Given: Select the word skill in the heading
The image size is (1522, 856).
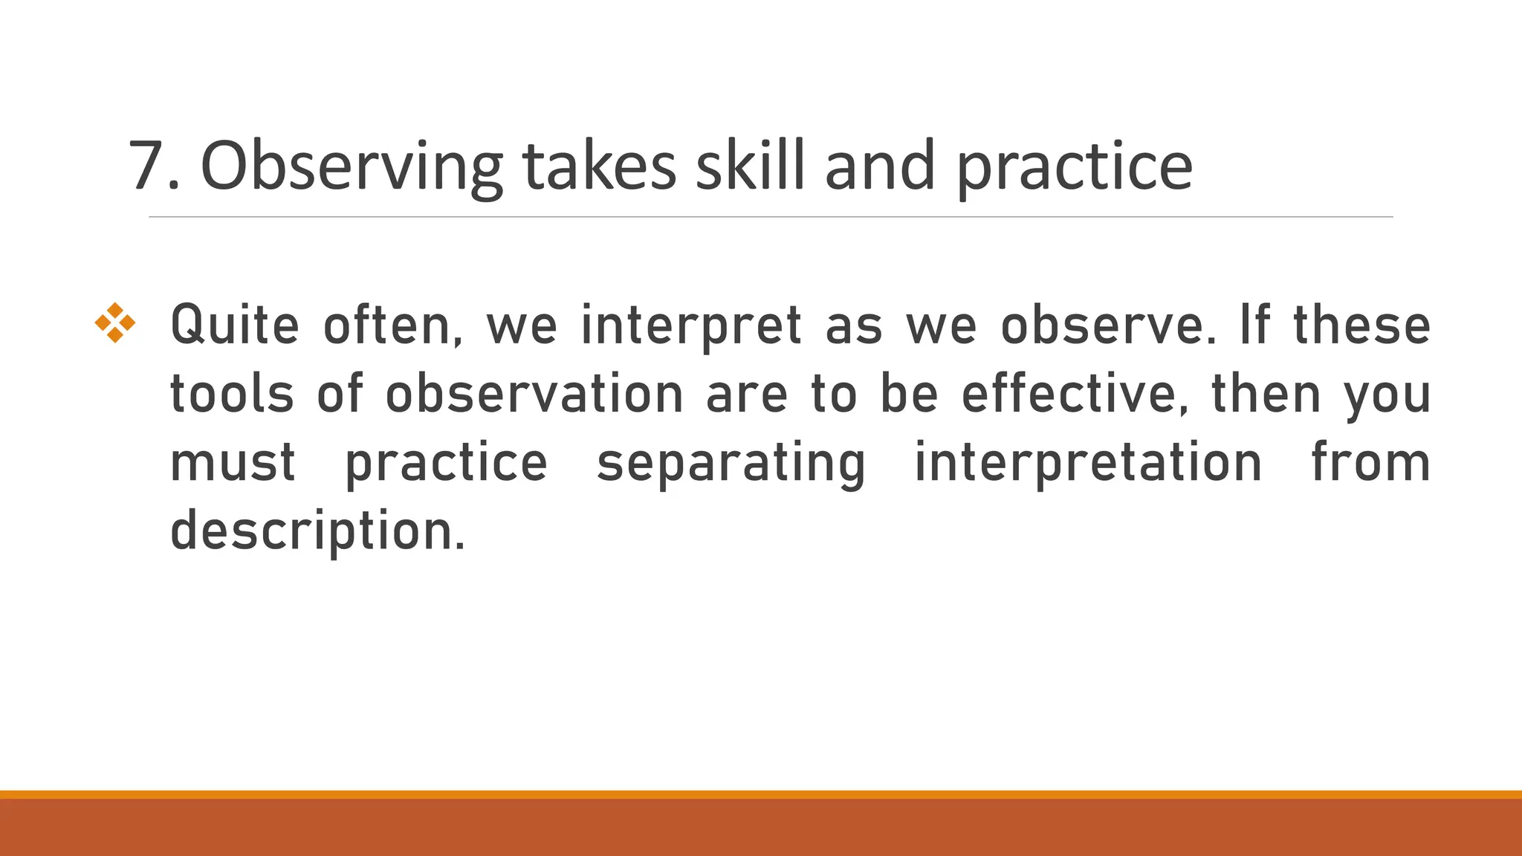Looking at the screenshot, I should coord(750,166).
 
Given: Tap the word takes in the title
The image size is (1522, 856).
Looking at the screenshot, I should coord(599,166).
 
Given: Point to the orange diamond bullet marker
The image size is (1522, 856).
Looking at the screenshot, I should coord(115,323).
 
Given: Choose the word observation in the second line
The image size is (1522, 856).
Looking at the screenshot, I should coord(534,394).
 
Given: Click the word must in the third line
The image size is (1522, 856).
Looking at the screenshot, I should coord(233,463).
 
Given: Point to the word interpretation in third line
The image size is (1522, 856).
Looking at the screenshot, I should coord(1088,463).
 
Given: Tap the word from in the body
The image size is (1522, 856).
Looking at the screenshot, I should coord(1370,462).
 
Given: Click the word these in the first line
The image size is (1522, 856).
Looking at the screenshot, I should coord(1361,325).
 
